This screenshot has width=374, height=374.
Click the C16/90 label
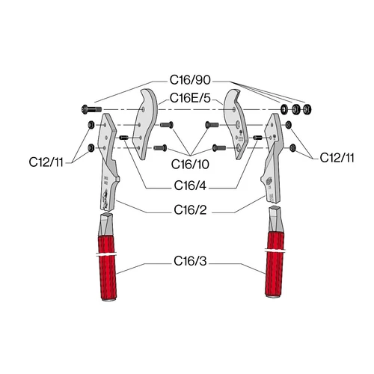(x=190, y=80)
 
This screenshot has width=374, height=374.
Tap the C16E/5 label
(x=190, y=98)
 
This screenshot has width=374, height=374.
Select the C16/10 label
(x=190, y=165)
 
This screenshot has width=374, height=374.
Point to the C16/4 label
(x=190, y=186)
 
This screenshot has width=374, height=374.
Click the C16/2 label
(x=190, y=210)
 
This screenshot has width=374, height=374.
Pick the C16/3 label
(x=190, y=261)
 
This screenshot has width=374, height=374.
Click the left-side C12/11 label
(x=46, y=162)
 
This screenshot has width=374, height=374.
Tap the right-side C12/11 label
(x=337, y=158)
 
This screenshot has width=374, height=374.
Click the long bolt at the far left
(x=91, y=109)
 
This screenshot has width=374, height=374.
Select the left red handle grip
(x=107, y=268)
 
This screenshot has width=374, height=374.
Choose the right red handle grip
(x=275, y=264)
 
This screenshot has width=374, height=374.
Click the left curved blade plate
(x=144, y=124)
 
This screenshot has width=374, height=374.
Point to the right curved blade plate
(x=236, y=124)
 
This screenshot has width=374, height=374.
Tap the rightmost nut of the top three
(x=307, y=109)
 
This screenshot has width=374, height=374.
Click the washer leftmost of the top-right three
(x=284, y=109)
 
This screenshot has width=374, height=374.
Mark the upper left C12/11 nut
(x=91, y=124)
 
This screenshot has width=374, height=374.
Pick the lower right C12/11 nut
(x=293, y=148)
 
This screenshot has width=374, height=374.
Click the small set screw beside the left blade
(x=123, y=138)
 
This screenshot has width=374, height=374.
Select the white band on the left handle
(x=107, y=254)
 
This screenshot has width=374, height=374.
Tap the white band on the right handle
(x=275, y=250)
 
